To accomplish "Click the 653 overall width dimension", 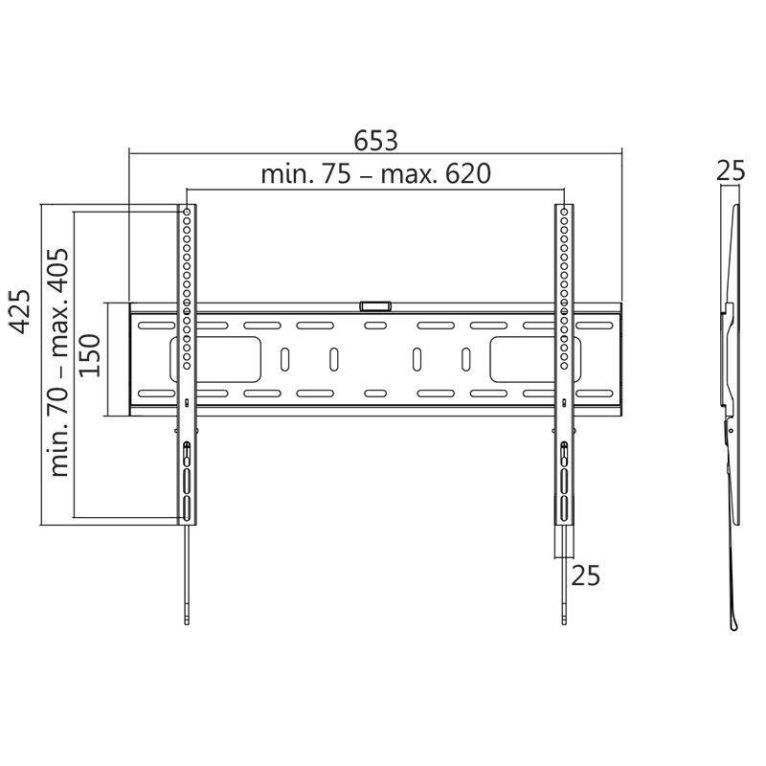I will click(375, 140).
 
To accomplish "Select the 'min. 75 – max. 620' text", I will click(375, 174).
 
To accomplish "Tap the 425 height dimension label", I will click(21, 312).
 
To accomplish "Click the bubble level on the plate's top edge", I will click(375, 306).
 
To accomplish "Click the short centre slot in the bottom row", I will click(375, 393).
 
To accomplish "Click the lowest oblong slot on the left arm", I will click(187, 507).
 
